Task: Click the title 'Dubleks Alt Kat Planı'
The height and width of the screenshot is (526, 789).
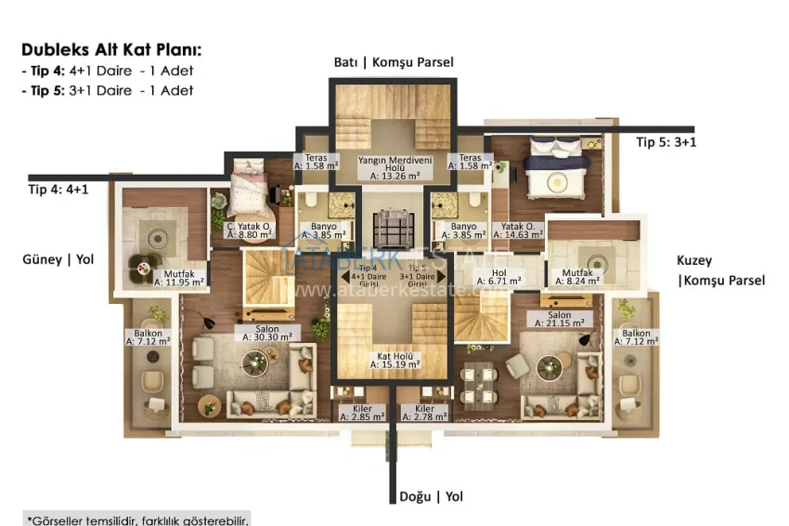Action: pyautogui.click(x=111, y=49)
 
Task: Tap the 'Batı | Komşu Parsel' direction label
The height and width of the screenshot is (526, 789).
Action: pyautogui.click(x=394, y=62)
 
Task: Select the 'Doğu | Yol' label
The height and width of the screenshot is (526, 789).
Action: pyautogui.click(x=431, y=496)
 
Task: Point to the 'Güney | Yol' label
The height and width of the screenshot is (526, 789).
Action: pyautogui.click(x=58, y=259)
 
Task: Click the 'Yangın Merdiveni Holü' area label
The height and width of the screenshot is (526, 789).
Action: pyautogui.click(x=394, y=167)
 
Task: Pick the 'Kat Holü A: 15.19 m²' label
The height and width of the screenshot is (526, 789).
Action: pyautogui.click(x=394, y=359)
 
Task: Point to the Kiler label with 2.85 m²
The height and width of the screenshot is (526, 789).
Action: pyautogui.click(x=363, y=413)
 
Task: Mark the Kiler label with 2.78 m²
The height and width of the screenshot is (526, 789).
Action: pyautogui.click(x=424, y=413)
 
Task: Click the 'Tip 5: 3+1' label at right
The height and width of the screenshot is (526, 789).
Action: pyautogui.click(x=666, y=142)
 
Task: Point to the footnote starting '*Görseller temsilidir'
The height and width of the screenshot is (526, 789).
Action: pyautogui.click(x=137, y=519)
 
